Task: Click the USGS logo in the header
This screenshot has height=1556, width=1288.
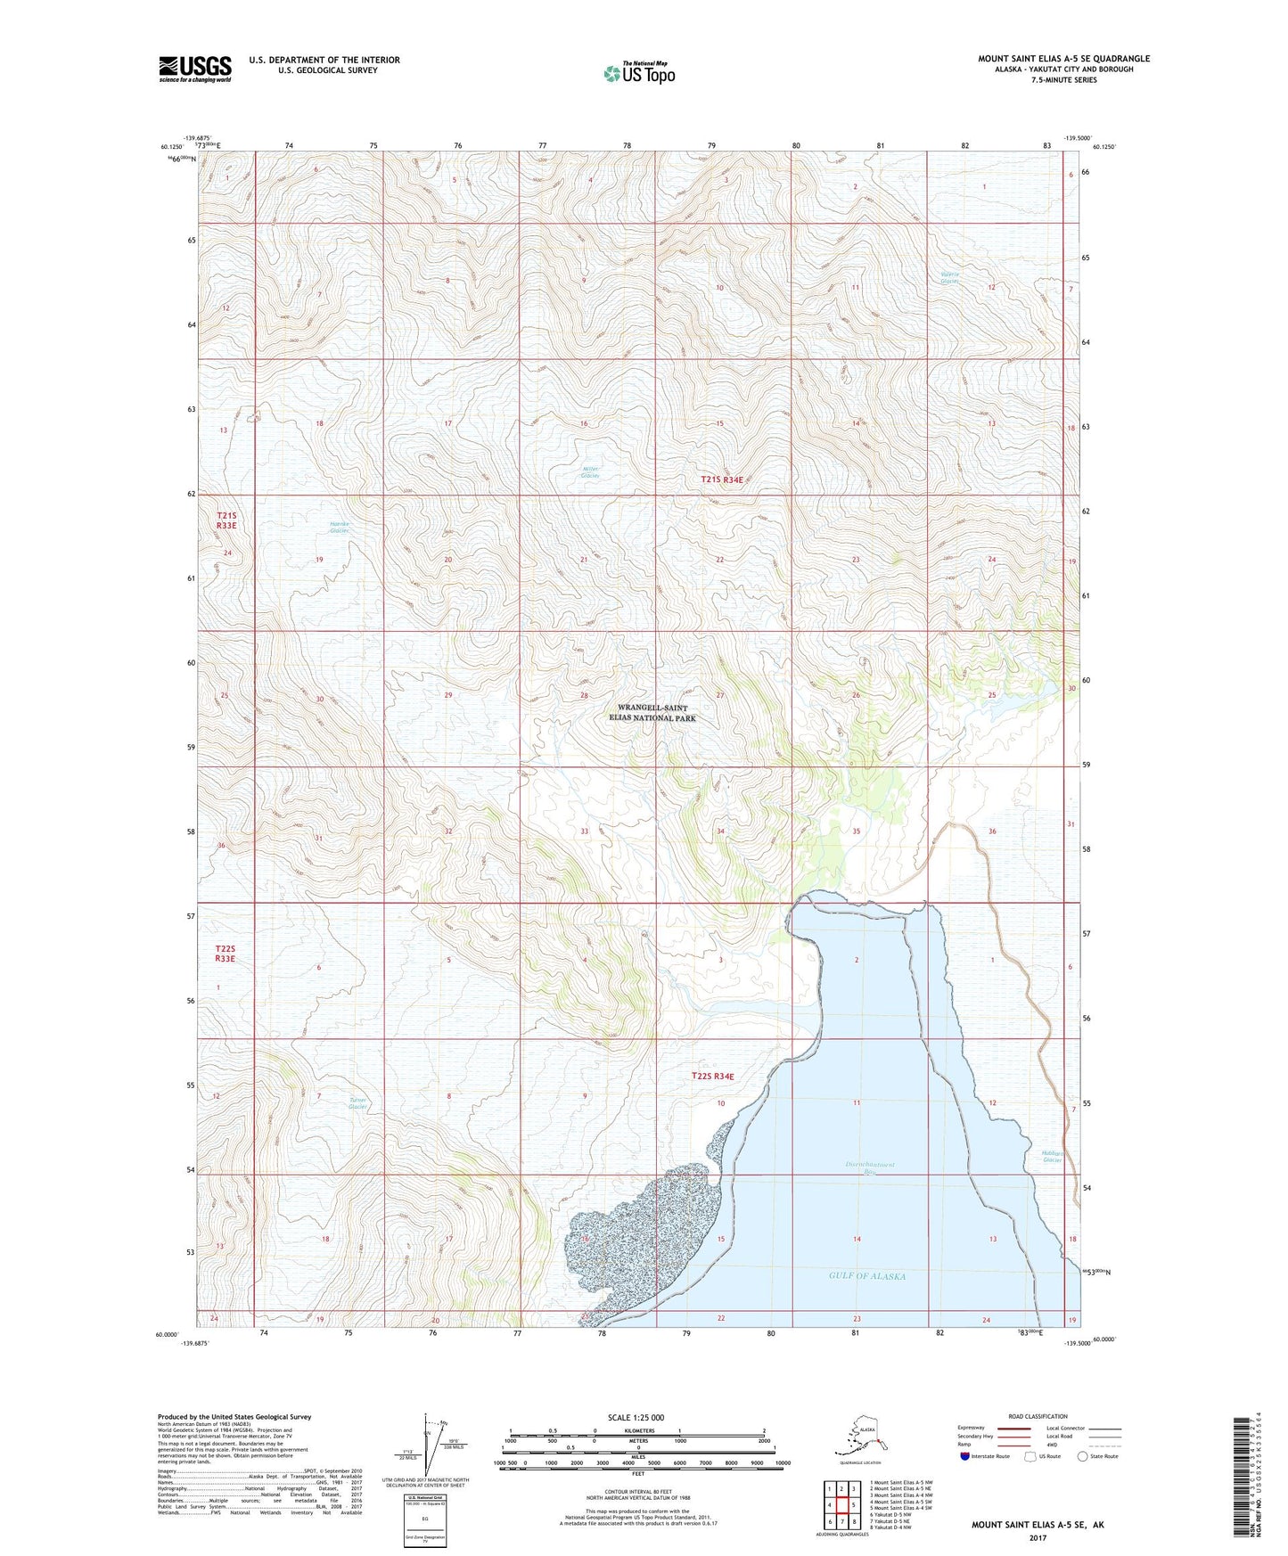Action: tap(195, 68)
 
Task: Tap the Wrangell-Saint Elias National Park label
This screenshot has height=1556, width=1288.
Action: tap(651, 712)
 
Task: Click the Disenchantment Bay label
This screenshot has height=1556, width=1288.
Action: tap(870, 1168)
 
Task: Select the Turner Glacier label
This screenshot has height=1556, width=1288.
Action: tap(358, 1104)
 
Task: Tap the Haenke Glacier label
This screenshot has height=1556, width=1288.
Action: tap(340, 528)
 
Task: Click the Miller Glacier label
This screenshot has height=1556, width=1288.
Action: tap(590, 472)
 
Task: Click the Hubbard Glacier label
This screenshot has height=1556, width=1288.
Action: tap(1053, 1157)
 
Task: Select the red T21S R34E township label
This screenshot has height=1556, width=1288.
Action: tap(722, 479)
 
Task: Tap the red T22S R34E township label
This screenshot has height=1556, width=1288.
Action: tap(714, 1077)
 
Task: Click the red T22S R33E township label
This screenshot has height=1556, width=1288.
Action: tap(225, 954)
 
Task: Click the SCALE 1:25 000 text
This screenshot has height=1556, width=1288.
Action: tap(636, 1418)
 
